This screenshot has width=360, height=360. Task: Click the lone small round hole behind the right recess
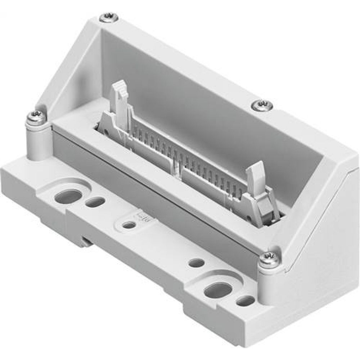coord(196,263)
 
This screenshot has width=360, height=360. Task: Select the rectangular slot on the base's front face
coord(85,241)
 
